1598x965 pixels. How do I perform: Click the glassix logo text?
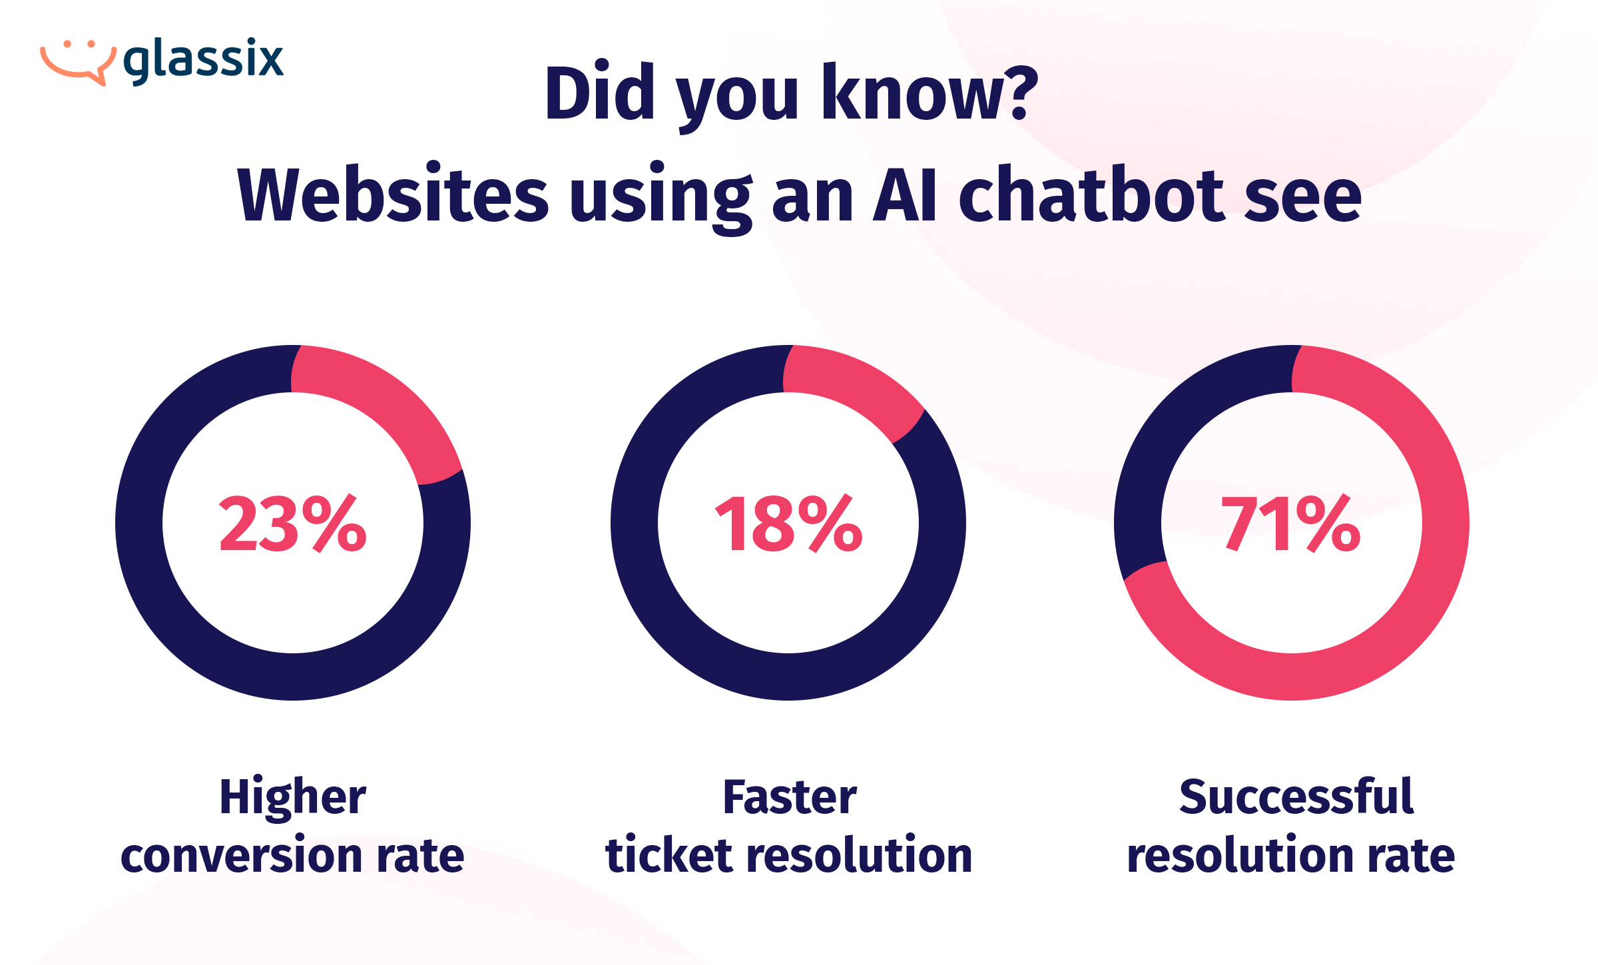(x=204, y=60)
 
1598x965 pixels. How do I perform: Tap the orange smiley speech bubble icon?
(x=78, y=62)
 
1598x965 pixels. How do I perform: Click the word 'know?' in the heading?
(x=930, y=93)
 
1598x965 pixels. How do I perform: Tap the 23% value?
(x=293, y=524)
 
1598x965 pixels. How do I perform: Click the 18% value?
(x=788, y=524)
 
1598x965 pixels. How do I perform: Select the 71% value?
(x=1291, y=524)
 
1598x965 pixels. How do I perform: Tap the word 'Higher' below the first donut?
(x=293, y=797)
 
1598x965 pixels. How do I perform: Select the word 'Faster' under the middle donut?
(x=790, y=797)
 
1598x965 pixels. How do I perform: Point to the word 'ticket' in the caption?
(x=669, y=856)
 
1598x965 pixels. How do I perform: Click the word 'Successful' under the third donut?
(x=1296, y=797)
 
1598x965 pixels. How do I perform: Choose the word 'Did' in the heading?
(x=600, y=93)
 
